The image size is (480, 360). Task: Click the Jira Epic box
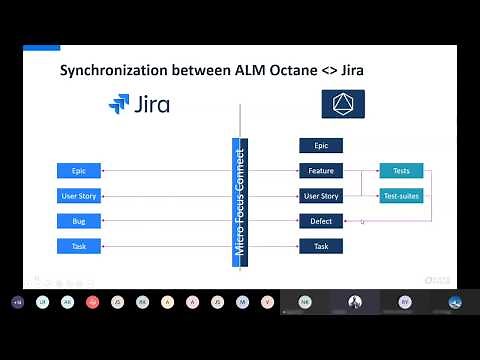pyautogui.click(x=78, y=171)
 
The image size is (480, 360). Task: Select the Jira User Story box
pyautogui.click(x=78, y=196)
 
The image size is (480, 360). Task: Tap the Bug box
pyautogui.click(x=78, y=221)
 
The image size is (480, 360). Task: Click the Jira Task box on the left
pyautogui.click(x=78, y=246)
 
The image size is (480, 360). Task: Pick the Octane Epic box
pyautogui.click(x=321, y=146)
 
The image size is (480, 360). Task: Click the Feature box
pyautogui.click(x=321, y=171)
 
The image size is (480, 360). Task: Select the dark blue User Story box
pyautogui.click(x=321, y=196)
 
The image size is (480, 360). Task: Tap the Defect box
pyautogui.click(x=321, y=221)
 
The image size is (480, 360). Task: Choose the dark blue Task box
pyautogui.click(x=321, y=246)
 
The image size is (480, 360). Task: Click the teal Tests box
pyautogui.click(x=401, y=171)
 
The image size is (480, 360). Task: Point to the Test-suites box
pyautogui.click(x=401, y=196)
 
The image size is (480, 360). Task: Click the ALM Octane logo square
pyautogui.click(x=342, y=104)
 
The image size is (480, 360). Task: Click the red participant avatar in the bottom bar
pyautogui.click(x=93, y=301)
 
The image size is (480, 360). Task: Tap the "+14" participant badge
pyautogui.click(x=17, y=301)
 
